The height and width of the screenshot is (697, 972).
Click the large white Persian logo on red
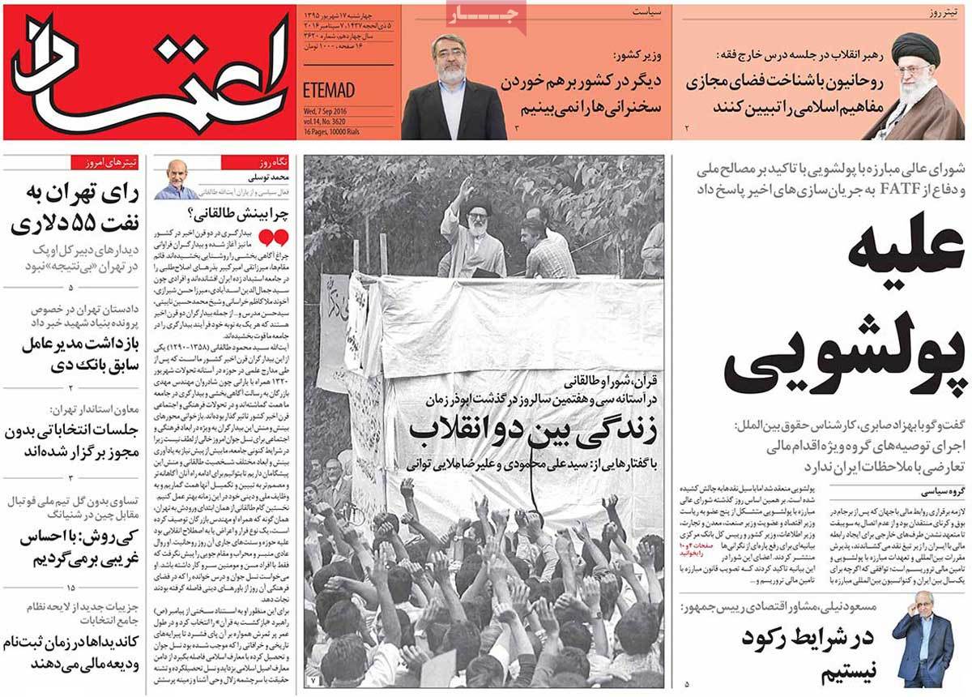(x=150, y=71)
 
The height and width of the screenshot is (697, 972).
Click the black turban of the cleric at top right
(x=916, y=48)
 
